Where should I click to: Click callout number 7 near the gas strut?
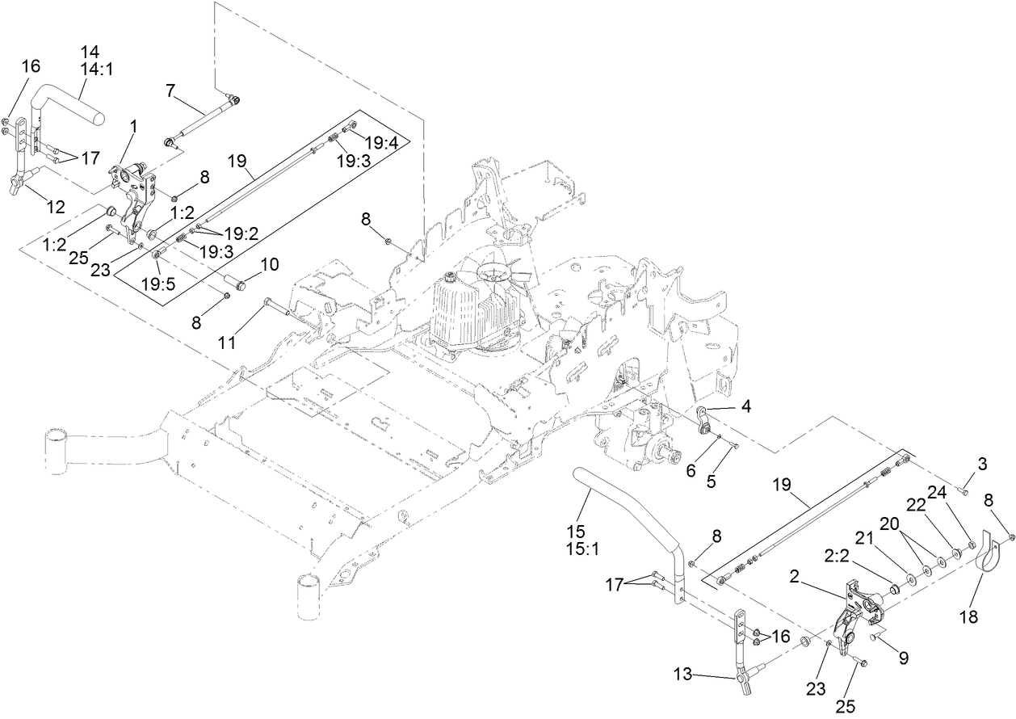point(170,90)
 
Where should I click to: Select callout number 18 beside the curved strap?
point(969,617)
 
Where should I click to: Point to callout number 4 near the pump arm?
point(746,408)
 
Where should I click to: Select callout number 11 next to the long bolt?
point(227,343)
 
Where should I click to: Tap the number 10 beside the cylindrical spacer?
point(269,263)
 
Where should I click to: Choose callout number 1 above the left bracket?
point(133,126)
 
